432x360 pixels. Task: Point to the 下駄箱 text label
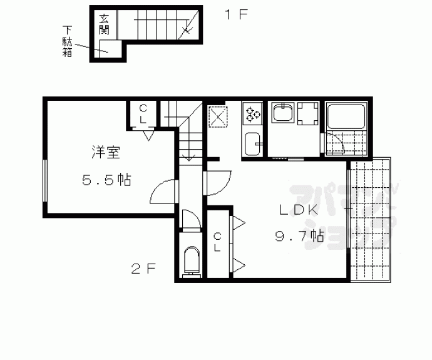[68, 41]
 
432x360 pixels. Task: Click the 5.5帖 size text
[106, 181]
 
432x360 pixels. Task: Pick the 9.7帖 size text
[299, 237]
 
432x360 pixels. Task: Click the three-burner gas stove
[252, 113]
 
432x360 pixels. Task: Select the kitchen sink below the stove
[253, 145]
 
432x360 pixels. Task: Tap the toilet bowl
[191, 260]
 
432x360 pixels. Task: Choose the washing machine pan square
[308, 114]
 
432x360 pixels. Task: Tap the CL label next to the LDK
[218, 242]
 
